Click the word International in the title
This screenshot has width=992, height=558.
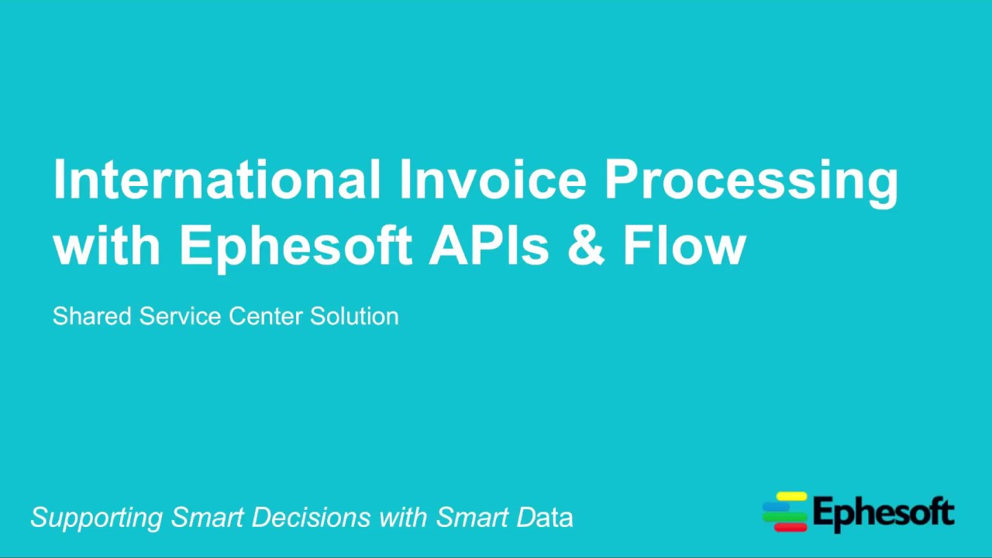[216, 179]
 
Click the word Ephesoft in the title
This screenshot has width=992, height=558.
[295, 245]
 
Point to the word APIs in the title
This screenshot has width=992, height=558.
[489, 245]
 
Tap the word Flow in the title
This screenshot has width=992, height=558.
[684, 245]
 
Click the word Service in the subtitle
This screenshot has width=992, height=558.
[181, 316]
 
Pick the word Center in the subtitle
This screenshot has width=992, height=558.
[266, 316]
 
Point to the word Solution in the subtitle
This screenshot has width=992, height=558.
[354, 316]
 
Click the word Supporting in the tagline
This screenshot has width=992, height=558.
[97, 518]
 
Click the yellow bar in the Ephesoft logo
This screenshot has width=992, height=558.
[791, 496]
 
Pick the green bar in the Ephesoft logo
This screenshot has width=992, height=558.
[784, 517]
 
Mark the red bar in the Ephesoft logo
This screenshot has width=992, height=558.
[790, 527]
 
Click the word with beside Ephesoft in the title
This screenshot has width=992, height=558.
[106, 245]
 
